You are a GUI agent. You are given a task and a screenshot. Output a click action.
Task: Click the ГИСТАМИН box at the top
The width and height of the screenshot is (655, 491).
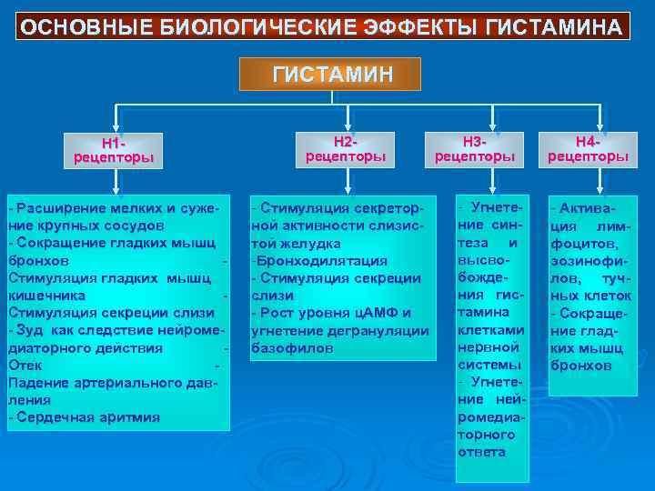coord(330,74)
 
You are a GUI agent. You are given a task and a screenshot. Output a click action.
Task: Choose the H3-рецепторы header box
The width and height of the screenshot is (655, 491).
coord(475,149)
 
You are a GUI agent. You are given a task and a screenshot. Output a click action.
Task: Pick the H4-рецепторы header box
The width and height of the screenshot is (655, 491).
coord(588,149)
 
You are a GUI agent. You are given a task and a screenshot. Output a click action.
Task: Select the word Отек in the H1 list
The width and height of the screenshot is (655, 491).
coord(25,365)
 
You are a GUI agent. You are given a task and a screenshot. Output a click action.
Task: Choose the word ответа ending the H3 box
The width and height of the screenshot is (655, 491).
coord(482,452)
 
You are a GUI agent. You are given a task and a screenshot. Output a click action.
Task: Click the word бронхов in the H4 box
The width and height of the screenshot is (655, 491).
coord(581,366)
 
